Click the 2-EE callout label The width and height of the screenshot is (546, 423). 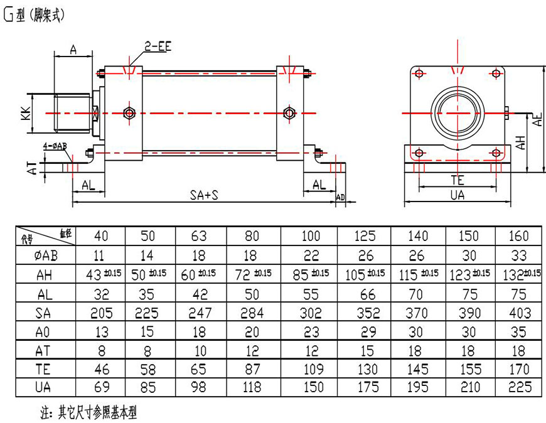(158, 47)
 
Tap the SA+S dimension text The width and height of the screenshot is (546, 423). (204, 195)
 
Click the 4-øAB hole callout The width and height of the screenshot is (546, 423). (55, 146)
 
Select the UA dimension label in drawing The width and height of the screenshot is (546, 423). (458, 195)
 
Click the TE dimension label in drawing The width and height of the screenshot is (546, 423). (458, 179)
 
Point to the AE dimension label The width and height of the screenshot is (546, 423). (537, 119)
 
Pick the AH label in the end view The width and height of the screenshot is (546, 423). (520, 142)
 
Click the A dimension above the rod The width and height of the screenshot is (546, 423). (73, 50)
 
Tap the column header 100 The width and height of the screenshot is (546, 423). (311, 236)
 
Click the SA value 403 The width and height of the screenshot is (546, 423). (518, 313)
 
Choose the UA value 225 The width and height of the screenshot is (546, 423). (518, 387)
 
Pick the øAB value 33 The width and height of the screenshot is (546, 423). (518, 255)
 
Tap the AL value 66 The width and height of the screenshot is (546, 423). (365, 294)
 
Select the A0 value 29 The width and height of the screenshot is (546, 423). (365, 331)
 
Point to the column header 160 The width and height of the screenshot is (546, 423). (518, 236)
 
